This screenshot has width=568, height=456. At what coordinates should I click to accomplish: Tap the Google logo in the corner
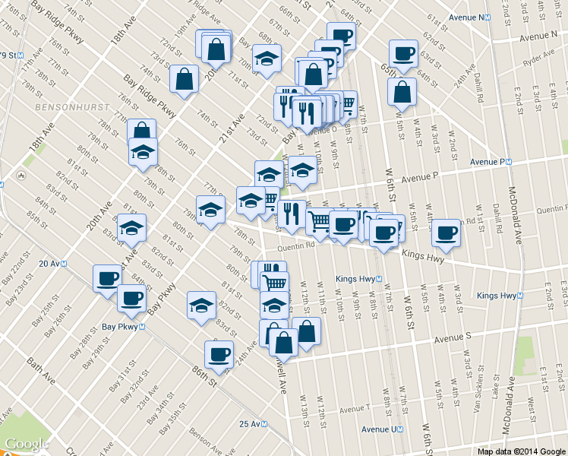point(27,443)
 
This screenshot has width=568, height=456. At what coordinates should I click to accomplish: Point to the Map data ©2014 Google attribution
point(521,451)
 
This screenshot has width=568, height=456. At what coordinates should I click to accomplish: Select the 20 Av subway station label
point(52,263)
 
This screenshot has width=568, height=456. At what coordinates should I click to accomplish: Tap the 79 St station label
point(9,55)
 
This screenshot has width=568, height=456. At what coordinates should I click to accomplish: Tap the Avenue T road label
point(356,410)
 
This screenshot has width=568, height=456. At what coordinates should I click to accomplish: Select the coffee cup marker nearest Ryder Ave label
point(402,53)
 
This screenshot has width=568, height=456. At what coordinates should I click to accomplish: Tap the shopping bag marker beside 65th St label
point(402,92)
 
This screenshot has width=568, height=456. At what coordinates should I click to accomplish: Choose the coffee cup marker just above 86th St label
point(219,353)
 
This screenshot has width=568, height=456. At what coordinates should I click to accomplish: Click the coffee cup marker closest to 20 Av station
point(106,277)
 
